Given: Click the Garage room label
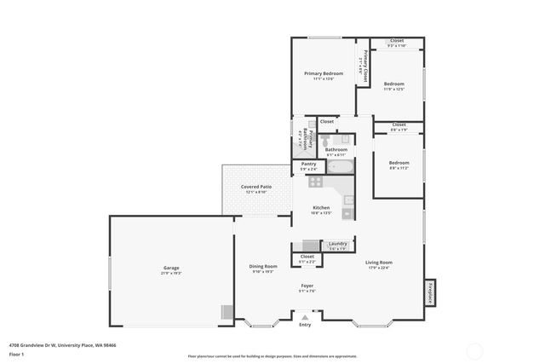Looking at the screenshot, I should coord(171,269).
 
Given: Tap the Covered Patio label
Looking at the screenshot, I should coord(255,186).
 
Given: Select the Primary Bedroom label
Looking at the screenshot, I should coord(324,74).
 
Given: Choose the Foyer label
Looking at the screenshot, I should coord(307,286).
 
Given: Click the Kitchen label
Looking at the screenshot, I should coord(321,208).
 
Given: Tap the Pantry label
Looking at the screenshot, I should coord(308,164).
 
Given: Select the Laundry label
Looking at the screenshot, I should coord(337,244).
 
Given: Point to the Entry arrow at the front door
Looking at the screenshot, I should coord(305,316).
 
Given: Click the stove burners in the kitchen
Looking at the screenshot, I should coord(316,181).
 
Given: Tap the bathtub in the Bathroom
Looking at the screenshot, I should coord(340,167).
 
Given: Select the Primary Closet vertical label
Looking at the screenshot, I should coord(365,66).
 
